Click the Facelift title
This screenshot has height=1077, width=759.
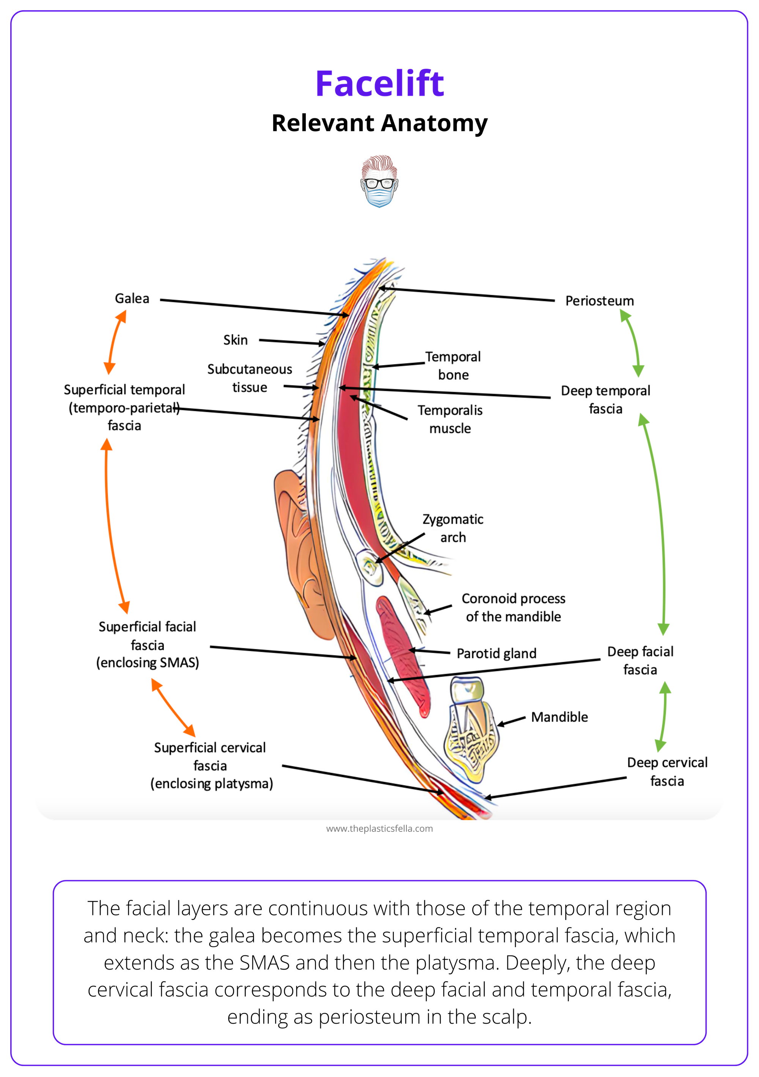point(379,83)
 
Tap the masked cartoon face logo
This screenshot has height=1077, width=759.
point(379,181)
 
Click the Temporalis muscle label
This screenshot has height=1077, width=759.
point(450,419)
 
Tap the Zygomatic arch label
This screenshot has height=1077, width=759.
point(453,528)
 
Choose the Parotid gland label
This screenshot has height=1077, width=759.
point(496,653)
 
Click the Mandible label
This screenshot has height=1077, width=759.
point(559,717)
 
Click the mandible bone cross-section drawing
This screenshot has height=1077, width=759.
point(471,732)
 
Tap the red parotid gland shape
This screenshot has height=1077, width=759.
point(403,652)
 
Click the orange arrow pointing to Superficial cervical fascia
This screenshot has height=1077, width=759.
point(173,708)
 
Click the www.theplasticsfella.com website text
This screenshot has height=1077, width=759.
point(379,829)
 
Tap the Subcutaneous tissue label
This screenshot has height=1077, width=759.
point(250,378)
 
